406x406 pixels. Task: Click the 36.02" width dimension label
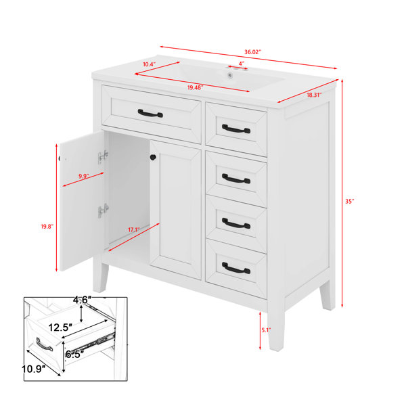pos(252,52)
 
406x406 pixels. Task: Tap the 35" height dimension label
pos(349,201)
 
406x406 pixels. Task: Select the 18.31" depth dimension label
pos(314,95)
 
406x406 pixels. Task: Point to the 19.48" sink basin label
pos(196,88)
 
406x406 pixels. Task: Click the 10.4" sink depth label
pos(150,64)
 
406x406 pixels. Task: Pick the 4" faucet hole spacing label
pos(242,64)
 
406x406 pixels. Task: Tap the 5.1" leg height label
pos(266,330)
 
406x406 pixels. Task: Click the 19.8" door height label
pos(47,227)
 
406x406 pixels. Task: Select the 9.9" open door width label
pos(84,177)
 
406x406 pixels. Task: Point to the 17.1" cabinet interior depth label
pos(134,229)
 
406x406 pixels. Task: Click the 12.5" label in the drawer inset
pos(60,328)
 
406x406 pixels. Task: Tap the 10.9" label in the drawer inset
pos(34,369)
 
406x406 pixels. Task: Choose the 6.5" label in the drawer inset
pos(75,354)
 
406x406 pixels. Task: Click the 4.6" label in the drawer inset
pos(82,300)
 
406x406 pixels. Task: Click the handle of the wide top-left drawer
pos(150,114)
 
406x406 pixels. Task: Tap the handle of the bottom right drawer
pos(236,269)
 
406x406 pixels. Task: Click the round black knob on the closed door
pos(153,157)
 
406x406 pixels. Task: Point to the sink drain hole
pos(229,76)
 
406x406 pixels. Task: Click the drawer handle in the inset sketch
pos(44,344)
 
